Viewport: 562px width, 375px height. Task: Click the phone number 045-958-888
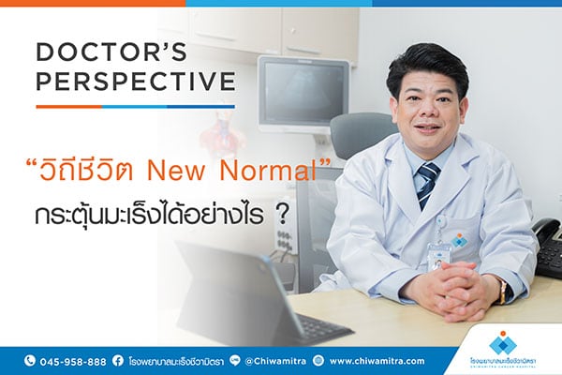(72, 360)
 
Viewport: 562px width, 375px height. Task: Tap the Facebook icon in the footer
(118, 360)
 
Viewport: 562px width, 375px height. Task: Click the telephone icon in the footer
(30, 360)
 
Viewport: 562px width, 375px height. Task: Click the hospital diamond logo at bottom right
(502, 341)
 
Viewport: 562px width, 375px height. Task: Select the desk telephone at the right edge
(545, 246)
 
